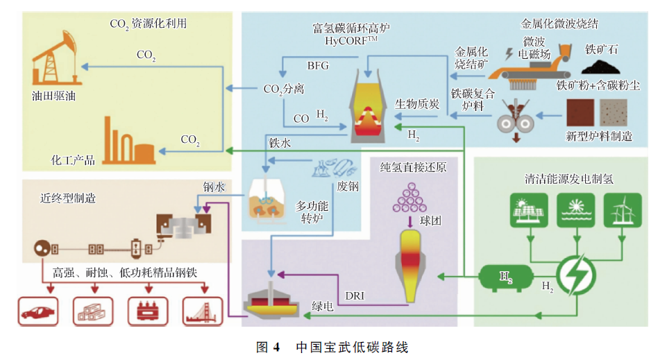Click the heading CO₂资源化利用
point(148,24)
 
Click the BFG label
point(318,66)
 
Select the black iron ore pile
point(602,67)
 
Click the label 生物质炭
point(417,105)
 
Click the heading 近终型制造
point(68,198)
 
